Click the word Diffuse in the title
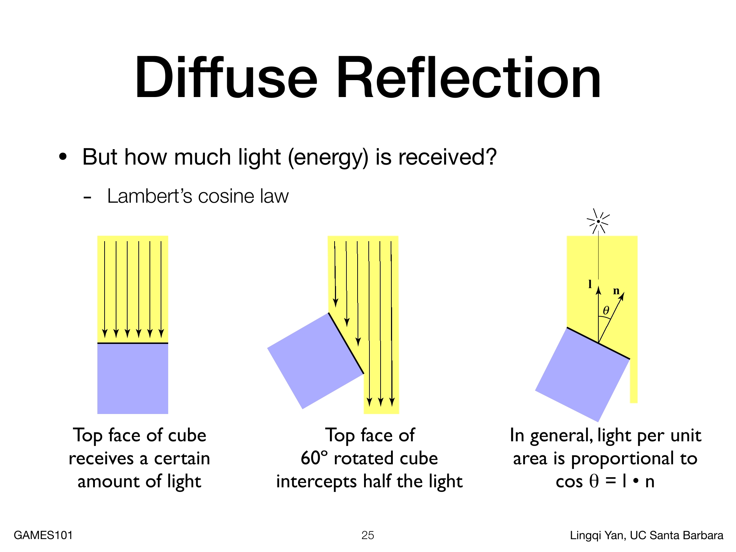click(x=226, y=77)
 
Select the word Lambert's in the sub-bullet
click(x=149, y=196)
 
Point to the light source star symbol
click(x=598, y=221)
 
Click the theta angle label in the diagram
click(x=606, y=310)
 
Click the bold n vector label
click(x=616, y=291)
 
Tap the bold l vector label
click(x=590, y=284)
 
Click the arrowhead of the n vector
click(x=622, y=296)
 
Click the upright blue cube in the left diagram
click(x=133, y=379)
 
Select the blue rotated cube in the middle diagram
click(x=316, y=361)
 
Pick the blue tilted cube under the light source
click(x=583, y=375)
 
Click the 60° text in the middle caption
click(x=314, y=458)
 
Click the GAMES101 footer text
click(x=43, y=535)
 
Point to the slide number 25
click(x=368, y=535)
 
